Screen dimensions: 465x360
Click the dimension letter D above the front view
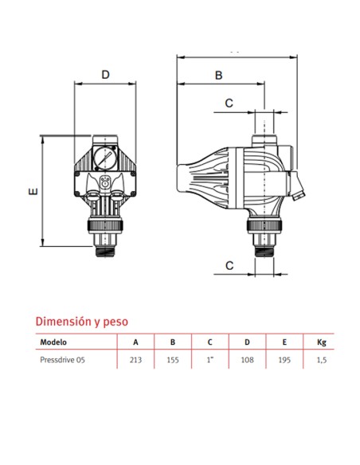tap(105, 75)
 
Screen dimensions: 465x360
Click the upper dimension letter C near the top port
tap(229, 103)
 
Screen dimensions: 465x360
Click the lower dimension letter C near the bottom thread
tap(229, 265)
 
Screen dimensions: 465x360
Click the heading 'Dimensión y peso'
tap(82, 321)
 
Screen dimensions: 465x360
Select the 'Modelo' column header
tap(53, 342)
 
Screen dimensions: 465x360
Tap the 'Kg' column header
tap(321, 342)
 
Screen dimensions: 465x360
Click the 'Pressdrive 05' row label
tap(63, 361)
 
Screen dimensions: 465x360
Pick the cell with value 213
tap(135, 361)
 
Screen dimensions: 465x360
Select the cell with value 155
tap(172, 361)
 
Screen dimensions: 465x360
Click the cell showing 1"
tap(209, 361)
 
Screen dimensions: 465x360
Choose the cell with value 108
tap(247, 361)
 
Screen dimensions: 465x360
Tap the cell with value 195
tap(284, 361)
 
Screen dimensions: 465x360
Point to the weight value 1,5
tap(321, 361)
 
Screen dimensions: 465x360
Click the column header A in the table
tap(135, 342)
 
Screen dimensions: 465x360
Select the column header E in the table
tap(284, 342)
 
